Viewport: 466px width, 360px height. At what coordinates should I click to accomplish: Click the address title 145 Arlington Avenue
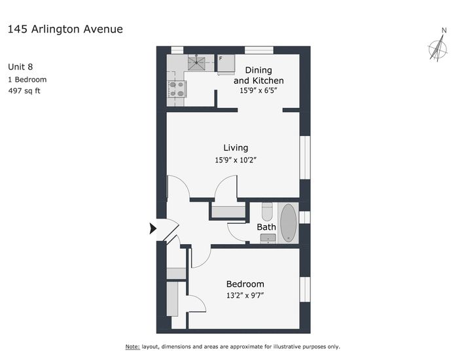click(x=65, y=29)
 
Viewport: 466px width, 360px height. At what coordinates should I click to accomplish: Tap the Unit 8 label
click(x=20, y=67)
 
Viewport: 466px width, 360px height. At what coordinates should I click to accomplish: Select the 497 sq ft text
click(x=24, y=91)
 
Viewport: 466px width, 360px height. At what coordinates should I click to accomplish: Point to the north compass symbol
click(x=438, y=48)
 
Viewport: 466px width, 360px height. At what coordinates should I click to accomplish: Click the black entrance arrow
click(x=152, y=228)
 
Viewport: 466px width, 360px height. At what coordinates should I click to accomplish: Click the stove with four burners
click(x=177, y=89)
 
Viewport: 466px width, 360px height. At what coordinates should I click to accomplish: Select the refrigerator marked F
click(x=226, y=63)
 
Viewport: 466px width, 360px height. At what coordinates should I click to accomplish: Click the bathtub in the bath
click(x=288, y=223)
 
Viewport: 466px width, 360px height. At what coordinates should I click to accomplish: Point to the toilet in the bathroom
click(x=267, y=211)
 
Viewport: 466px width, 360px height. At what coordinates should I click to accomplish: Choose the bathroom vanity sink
click(x=268, y=238)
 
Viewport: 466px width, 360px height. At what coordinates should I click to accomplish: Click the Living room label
click(x=236, y=148)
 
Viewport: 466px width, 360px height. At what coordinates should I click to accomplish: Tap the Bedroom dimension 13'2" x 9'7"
click(x=245, y=295)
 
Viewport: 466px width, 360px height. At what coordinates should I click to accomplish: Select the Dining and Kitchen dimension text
click(x=259, y=90)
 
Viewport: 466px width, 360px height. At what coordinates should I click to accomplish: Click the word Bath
click(x=266, y=227)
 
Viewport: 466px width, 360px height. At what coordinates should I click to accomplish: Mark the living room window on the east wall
click(x=305, y=157)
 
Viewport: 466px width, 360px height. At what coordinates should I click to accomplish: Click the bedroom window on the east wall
click(x=305, y=289)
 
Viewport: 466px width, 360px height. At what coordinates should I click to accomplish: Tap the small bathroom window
click(x=305, y=217)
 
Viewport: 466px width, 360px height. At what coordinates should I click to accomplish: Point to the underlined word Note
click(x=133, y=347)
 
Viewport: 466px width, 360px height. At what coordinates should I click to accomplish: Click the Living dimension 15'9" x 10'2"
click(x=236, y=160)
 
